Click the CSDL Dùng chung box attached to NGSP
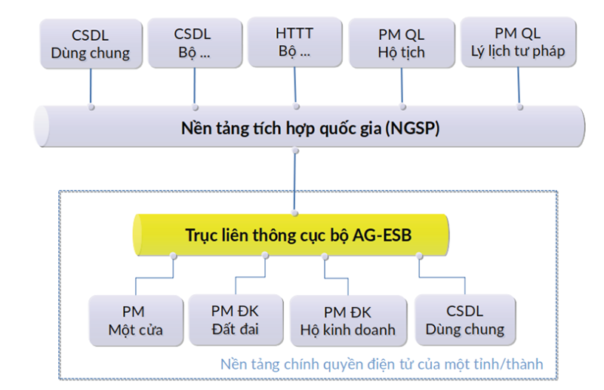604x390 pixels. point(91,44)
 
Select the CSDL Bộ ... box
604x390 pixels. point(195,43)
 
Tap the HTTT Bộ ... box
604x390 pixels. point(294,42)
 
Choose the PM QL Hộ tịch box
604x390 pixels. point(402,43)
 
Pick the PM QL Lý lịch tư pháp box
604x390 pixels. point(519,42)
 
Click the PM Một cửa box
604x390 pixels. point(136,321)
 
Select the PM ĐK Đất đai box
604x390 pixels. point(236,320)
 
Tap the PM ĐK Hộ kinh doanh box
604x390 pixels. point(348,321)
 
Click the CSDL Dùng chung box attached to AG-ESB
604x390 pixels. point(465,320)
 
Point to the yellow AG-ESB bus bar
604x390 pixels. point(291,235)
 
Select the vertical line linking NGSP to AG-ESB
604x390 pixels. point(295,182)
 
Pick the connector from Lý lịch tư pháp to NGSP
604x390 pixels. point(519,87)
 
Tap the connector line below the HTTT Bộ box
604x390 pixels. point(295,87)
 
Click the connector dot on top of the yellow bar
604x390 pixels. point(295,213)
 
